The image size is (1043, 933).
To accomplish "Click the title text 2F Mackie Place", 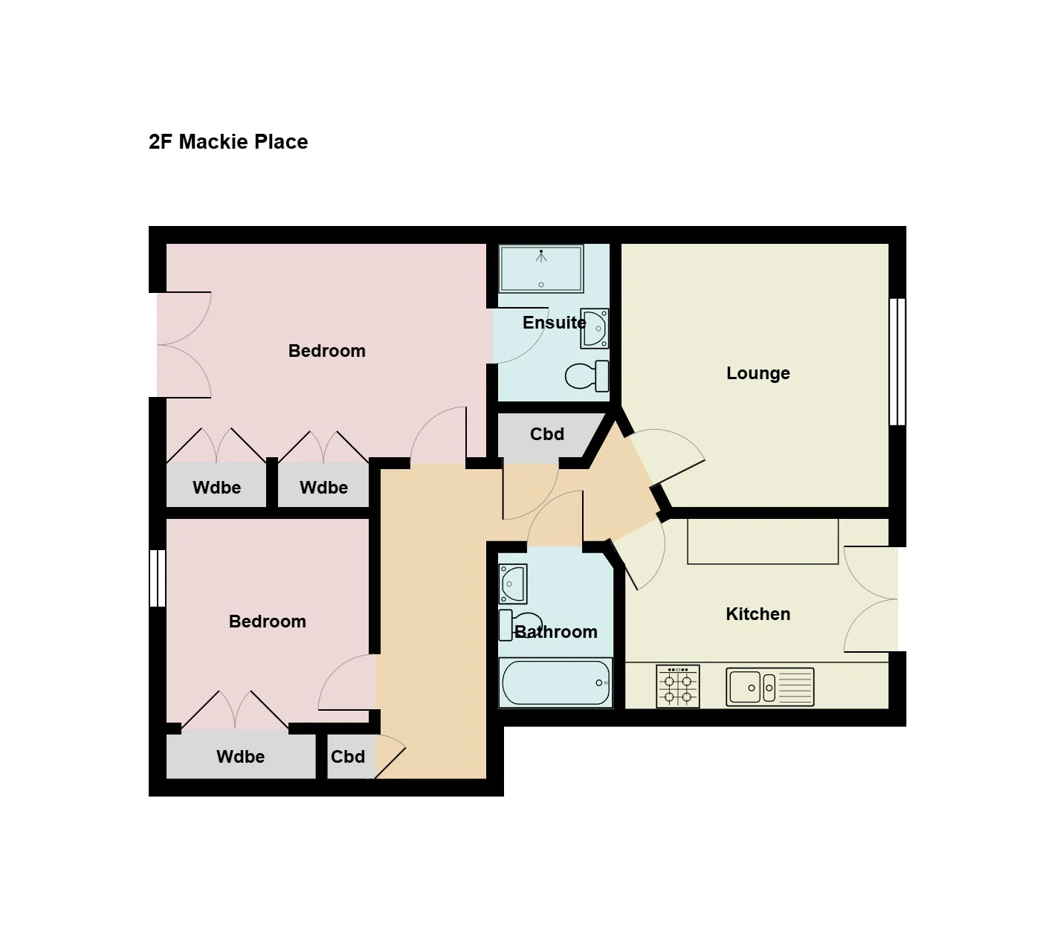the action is [x=228, y=141].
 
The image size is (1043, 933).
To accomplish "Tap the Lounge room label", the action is [x=758, y=373].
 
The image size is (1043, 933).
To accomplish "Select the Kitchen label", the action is [x=758, y=614].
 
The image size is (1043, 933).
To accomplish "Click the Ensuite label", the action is [x=554, y=323].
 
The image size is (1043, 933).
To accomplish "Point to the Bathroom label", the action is [x=556, y=632].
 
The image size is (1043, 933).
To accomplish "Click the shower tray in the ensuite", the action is [x=541, y=268].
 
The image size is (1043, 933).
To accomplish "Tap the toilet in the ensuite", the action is [x=587, y=376].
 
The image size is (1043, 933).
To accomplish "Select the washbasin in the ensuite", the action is [x=595, y=328].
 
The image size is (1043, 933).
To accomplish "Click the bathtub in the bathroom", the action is [x=555, y=682].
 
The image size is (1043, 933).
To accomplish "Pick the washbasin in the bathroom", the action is [x=513, y=584].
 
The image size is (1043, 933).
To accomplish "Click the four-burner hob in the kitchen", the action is [x=677, y=686].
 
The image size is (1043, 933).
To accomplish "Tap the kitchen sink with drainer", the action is [x=769, y=687].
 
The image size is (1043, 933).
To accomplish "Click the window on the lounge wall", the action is [x=897, y=362].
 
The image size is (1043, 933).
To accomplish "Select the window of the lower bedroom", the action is [x=157, y=578].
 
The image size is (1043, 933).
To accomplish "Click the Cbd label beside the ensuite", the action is [x=546, y=434].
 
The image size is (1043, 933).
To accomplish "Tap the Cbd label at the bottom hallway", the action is [x=347, y=756].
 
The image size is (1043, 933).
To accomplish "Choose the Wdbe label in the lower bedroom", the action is [x=240, y=756].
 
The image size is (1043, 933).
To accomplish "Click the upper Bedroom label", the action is [x=327, y=351].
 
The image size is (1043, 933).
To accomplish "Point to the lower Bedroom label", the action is [x=267, y=622].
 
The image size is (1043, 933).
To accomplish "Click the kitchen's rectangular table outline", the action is [x=763, y=541].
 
